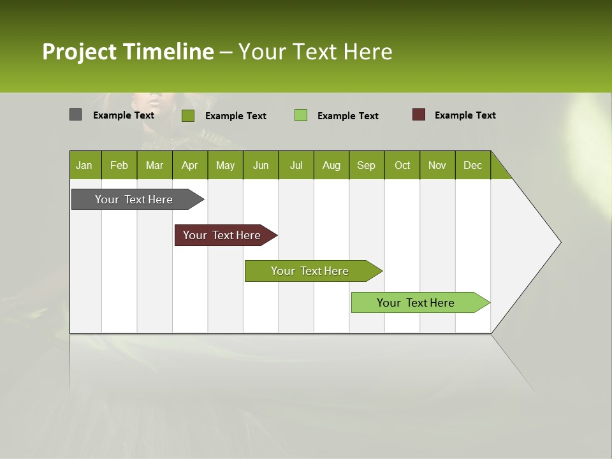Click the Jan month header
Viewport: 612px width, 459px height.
[x=85, y=165]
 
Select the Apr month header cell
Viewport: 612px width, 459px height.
[x=190, y=165]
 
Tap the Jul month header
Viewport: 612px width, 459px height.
[x=296, y=165]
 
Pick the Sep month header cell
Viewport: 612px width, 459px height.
[x=367, y=165]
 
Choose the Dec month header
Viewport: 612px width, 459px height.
[x=472, y=165]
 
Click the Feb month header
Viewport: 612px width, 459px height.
[x=119, y=165]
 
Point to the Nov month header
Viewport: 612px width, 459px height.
[x=437, y=165]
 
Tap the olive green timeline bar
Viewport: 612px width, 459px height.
[x=310, y=271]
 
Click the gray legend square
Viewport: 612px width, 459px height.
[x=75, y=115]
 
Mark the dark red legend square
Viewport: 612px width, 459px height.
[x=418, y=115]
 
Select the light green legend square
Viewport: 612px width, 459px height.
[x=301, y=115]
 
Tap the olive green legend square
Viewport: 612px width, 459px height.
[x=187, y=115]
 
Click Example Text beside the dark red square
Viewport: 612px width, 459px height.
[x=465, y=115]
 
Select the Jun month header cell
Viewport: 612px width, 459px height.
[x=261, y=165]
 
